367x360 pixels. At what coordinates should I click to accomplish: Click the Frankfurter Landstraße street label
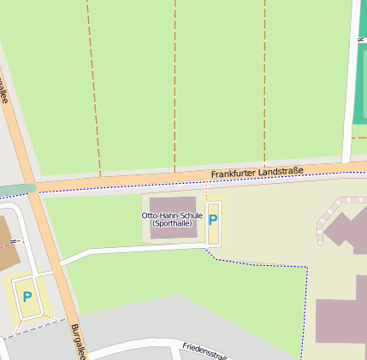pyautogui.click(x=257, y=173)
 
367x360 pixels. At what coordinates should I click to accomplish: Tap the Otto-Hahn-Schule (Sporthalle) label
pyautogui.click(x=172, y=219)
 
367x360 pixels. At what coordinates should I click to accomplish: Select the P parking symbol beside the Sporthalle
pyautogui.click(x=213, y=220)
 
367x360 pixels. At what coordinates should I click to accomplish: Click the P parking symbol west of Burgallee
pyautogui.click(x=27, y=298)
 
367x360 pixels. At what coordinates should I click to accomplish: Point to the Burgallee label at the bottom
pyautogui.click(x=78, y=340)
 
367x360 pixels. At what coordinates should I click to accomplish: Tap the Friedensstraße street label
pyautogui.click(x=204, y=351)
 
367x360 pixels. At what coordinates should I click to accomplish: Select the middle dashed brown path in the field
pyautogui.click(x=175, y=86)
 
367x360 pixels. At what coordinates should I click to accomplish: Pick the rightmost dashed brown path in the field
pyautogui.click(x=264, y=86)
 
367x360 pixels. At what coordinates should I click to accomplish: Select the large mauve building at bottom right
pyautogui.click(x=342, y=321)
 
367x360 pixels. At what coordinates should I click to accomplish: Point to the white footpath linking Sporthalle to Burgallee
pyautogui.click(x=128, y=250)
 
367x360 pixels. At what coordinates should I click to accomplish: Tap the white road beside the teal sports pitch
pyautogui.click(x=349, y=86)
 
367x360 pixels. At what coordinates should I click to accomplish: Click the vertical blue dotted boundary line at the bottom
pyautogui.click(x=304, y=316)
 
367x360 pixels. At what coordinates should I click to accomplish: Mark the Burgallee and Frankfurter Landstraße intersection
pyautogui.click(x=34, y=189)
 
